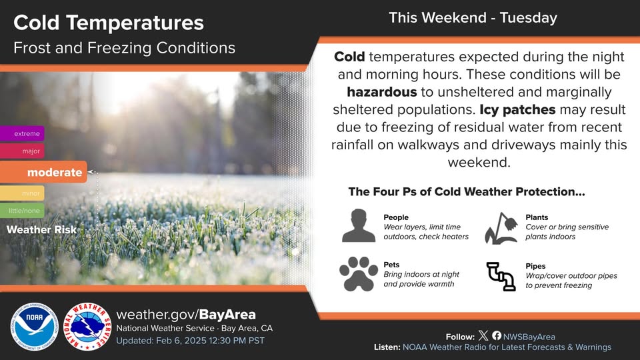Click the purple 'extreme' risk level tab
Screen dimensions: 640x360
click(22, 133)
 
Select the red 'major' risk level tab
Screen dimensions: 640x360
click(22, 151)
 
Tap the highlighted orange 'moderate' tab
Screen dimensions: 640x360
click(43, 172)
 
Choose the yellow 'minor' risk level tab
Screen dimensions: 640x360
click(22, 193)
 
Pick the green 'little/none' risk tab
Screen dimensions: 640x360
click(22, 211)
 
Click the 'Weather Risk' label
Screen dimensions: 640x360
click(41, 230)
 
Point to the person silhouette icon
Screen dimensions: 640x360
click(359, 226)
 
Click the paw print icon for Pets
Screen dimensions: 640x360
click(359, 274)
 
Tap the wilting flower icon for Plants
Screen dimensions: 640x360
click(501, 228)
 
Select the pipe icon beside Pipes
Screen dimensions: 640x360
click(501, 276)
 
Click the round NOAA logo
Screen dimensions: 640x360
click(34, 327)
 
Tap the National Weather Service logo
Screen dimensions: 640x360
click(88, 327)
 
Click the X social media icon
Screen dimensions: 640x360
click(483, 335)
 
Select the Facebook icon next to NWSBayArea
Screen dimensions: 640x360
click(497, 335)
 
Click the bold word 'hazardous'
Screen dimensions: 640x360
click(382, 92)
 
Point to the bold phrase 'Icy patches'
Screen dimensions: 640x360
click(517, 109)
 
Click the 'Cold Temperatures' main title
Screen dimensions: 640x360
click(109, 23)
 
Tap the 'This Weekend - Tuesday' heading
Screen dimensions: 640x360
click(473, 17)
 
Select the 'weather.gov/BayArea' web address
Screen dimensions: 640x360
click(186, 314)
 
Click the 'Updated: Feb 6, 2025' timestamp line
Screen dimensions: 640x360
click(190, 341)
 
